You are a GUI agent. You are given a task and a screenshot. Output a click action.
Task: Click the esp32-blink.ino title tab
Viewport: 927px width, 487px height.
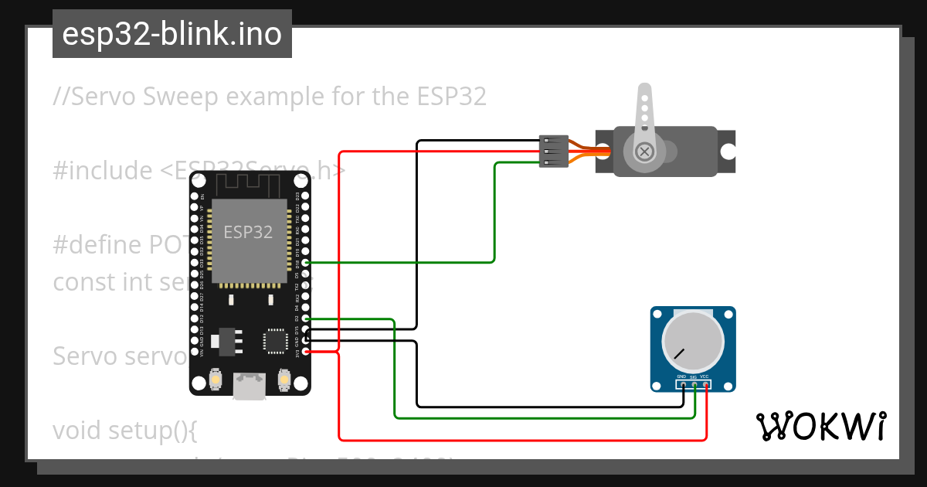tap(171, 34)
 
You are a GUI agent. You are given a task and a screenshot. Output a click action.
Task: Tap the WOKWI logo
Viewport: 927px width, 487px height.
tap(820, 426)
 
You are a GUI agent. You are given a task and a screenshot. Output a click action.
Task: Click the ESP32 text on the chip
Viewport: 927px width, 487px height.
tap(247, 232)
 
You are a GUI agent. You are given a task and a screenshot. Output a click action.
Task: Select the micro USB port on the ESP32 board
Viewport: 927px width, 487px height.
tap(249, 385)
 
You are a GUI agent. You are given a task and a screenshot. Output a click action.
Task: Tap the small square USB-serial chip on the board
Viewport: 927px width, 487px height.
tap(274, 341)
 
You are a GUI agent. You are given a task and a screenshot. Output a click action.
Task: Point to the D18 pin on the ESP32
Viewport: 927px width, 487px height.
tap(307, 263)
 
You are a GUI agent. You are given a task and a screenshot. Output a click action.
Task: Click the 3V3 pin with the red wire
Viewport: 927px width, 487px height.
tap(307, 352)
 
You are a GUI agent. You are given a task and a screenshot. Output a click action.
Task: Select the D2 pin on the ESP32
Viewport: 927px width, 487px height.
tap(307, 318)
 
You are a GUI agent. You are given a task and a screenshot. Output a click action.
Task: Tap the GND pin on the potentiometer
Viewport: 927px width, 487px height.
tap(683, 383)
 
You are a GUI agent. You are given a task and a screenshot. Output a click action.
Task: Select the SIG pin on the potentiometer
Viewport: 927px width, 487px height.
tap(694, 383)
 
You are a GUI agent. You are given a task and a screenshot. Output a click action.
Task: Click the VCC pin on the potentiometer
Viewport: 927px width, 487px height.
tap(706, 383)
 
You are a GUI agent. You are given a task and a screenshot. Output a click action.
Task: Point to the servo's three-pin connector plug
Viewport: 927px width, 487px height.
tap(553, 152)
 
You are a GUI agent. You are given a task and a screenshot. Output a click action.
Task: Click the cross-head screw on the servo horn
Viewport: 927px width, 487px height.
tap(643, 152)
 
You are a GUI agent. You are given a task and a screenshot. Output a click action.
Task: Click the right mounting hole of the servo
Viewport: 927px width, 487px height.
tap(727, 152)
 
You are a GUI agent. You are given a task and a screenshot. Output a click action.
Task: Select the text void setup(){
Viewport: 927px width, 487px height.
tap(125, 430)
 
